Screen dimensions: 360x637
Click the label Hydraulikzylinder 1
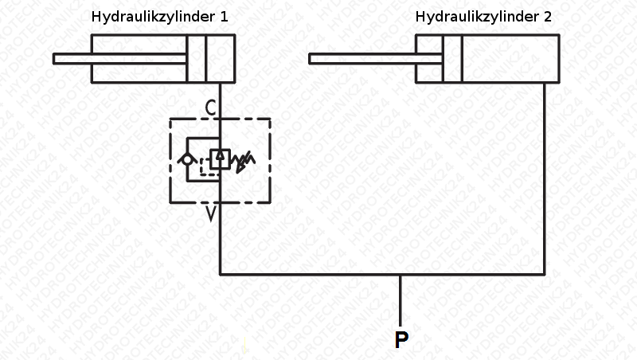(x=159, y=17)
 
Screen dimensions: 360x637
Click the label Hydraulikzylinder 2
(x=483, y=17)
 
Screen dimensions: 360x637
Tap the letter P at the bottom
(x=401, y=340)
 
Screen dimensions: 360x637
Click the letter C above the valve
(x=209, y=107)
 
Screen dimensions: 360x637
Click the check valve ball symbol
(x=187, y=158)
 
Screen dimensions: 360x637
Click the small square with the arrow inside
(x=220, y=158)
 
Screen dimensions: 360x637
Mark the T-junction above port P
(x=401, y=275)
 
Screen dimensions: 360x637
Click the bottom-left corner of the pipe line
(x=220, y=275)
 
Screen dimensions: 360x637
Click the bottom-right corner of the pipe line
(x=545, y=275)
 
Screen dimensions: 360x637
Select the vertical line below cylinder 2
(x=545, y=175)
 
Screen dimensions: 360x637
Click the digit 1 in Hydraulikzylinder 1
(x=224, y=17)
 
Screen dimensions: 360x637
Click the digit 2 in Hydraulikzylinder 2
(x=548, y=17)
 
